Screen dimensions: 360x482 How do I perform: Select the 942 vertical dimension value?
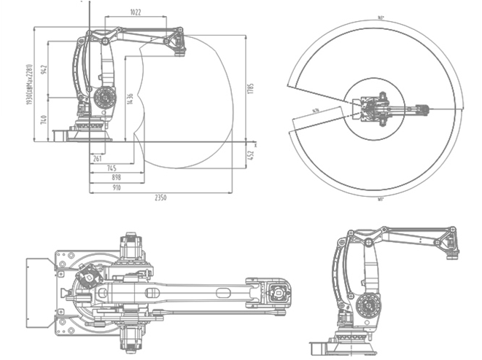(44, 70)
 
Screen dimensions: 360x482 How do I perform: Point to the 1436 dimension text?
(130, 100)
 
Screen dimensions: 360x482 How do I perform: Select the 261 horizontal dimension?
(97, 158)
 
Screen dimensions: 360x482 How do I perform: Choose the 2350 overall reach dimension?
(160, 197)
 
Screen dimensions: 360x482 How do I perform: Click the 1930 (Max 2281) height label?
(28, 84)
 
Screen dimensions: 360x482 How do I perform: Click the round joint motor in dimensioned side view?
(104, 96)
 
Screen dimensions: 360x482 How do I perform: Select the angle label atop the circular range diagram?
(381, 17)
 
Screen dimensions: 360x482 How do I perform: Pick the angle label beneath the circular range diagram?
(381, 198)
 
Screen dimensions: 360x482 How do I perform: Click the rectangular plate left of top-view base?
(38, 289)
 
